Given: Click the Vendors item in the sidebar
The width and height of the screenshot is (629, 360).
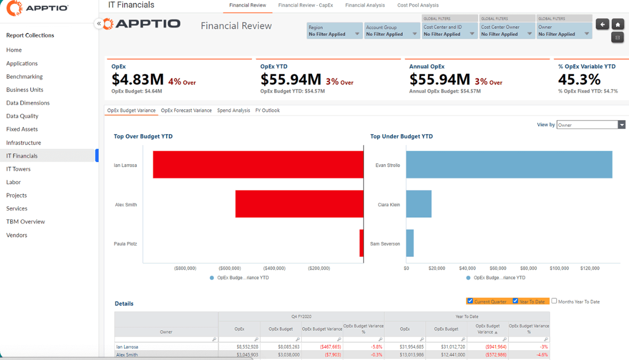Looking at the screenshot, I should (16, 235).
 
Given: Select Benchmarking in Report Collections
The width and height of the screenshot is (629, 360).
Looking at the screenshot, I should (24, 76).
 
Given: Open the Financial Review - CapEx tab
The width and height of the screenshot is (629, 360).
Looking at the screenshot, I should (305, 5).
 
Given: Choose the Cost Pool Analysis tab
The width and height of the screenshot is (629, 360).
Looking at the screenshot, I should (418, 5).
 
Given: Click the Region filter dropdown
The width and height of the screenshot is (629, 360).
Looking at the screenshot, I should (334, 31).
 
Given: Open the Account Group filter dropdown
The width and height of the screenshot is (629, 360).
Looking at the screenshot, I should (391, 31).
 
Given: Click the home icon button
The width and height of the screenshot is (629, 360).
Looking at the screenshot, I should (618, 24).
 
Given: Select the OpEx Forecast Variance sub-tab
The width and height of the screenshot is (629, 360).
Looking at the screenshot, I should (186, 110).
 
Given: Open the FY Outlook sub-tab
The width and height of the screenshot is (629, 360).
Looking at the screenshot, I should (267, 110).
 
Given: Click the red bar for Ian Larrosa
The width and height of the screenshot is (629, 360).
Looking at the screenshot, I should (258, 165).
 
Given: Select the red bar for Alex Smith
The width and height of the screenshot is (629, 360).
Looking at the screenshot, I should (299, 204).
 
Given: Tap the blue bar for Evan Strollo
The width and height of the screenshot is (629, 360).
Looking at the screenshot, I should (509, 165).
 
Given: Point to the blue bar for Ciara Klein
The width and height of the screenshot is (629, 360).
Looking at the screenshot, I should (419, 204).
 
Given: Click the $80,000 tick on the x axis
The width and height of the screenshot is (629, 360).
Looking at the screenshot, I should (528, 268).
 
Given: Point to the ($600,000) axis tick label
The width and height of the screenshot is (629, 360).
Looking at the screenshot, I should (229, 268).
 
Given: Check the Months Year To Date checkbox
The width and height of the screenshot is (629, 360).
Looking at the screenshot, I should (554, 301).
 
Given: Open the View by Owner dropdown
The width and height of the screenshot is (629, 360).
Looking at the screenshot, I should (591, 125).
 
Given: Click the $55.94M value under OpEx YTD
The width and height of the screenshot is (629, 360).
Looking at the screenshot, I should (290, 79).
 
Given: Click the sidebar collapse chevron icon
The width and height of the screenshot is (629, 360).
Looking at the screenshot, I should (99, 24).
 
